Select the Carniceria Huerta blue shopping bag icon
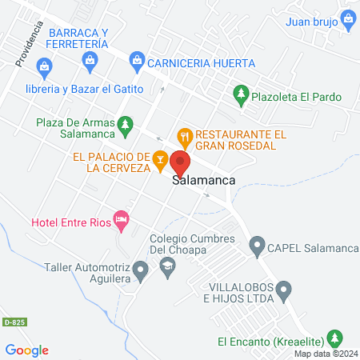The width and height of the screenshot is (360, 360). [x=137, y=60]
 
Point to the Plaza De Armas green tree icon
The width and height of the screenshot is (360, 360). [x=125, y=124]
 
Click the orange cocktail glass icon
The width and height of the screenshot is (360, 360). [x=160, y=160]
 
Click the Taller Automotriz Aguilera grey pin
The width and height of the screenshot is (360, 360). [x=140, y=271]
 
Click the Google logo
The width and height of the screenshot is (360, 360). [x=27, y=350]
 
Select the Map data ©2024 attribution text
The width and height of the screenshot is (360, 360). [x=325, y=354]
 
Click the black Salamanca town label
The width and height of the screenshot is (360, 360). [x=204, y=181]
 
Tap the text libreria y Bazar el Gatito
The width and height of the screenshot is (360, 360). [x=84, y=88]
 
